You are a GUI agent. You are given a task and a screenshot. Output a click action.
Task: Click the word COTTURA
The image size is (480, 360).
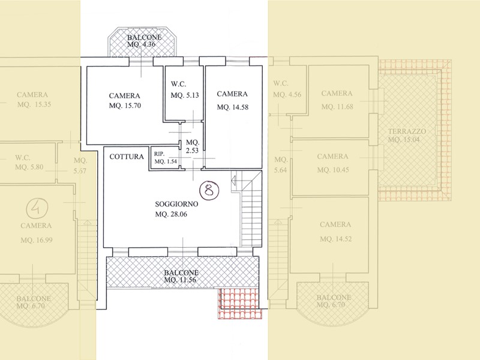coord(127,157)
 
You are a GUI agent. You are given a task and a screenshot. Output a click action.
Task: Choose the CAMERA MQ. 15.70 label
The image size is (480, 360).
coord(125,101)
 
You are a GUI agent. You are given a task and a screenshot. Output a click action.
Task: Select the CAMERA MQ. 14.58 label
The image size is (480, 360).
coord(232,100)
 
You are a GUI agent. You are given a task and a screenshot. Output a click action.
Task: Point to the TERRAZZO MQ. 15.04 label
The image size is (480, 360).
coord(406,135)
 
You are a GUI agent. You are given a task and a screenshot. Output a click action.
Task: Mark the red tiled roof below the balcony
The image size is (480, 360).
coord(238,302)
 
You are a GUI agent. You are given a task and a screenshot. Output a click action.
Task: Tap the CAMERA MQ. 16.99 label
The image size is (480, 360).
coord(35,232)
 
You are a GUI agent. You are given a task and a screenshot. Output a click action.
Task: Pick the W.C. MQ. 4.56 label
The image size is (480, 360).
coord(286,89)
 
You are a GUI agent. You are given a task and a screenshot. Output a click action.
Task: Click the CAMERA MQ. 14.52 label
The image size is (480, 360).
coord(335,232)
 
